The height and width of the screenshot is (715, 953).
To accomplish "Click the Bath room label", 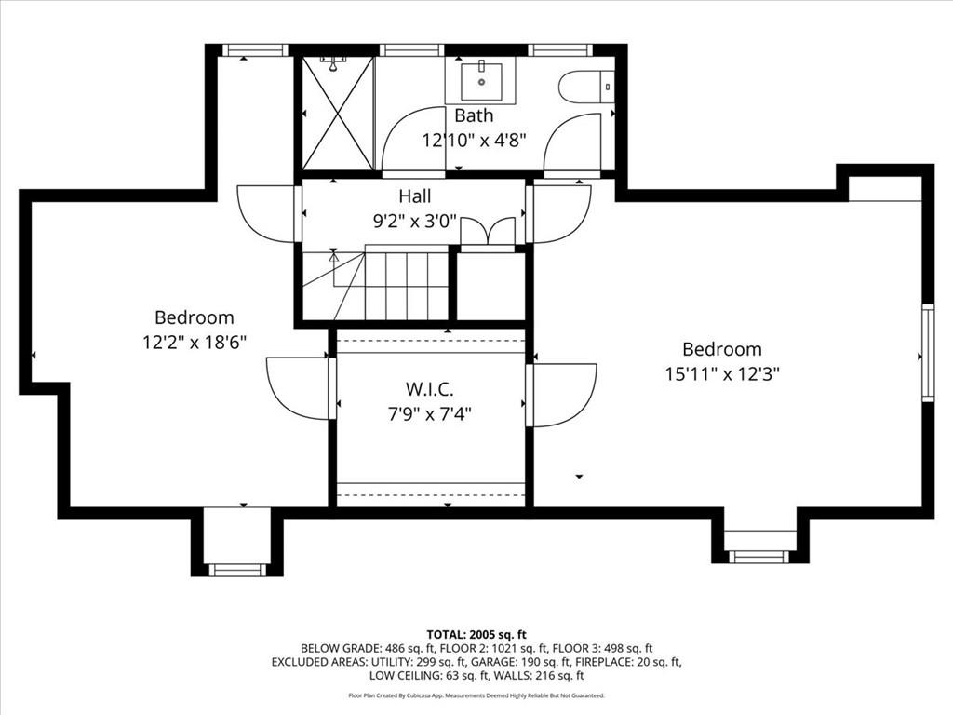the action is point(474,115).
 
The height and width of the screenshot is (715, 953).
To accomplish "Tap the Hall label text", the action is point(415,196).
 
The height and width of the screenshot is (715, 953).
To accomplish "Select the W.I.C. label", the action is point(430,388).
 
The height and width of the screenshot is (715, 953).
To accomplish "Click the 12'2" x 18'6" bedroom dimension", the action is point(194,343).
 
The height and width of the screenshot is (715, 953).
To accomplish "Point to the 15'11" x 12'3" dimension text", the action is point(722,373).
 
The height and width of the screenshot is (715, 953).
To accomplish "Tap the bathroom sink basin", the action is point(481,80).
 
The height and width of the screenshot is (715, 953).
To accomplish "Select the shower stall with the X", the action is point(338,114).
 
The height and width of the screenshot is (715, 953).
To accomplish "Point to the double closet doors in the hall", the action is point(488,232).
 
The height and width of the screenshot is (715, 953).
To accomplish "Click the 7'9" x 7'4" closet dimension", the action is point(430,414).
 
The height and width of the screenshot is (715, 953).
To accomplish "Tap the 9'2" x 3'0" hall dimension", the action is point(415,222).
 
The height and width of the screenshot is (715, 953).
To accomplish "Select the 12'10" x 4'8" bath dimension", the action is point(474,141).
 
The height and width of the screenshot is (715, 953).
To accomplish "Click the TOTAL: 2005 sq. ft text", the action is point(476,635).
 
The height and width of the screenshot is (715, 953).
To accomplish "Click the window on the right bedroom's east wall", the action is point(928,353).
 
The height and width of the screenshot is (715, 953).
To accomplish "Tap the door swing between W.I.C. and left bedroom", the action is point(299,388).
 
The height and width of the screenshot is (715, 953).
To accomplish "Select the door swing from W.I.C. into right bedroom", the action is point(563,395).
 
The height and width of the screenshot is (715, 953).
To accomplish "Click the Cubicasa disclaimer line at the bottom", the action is point(476,695).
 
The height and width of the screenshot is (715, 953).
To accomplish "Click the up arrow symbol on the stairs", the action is point(333,257).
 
